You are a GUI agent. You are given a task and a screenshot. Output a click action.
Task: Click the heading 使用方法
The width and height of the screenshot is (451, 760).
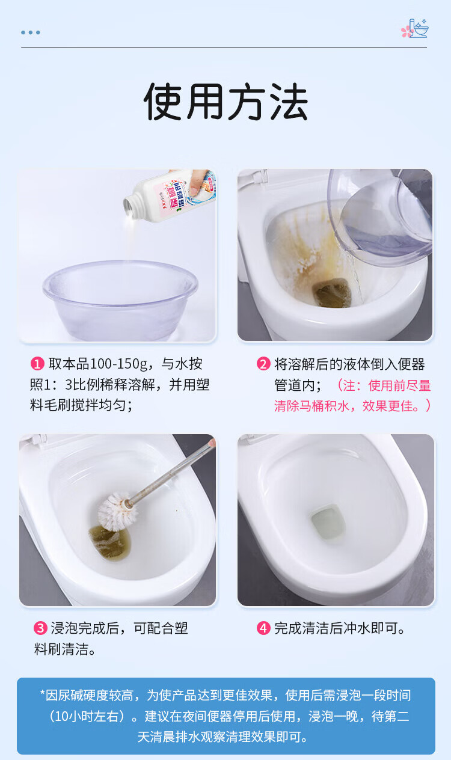(x=226, y=101)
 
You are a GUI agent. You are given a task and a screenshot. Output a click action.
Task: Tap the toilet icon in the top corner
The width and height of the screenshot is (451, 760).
(x=415, y=28)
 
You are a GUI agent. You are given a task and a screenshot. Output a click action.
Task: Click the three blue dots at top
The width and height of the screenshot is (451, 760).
(x=31, y=32)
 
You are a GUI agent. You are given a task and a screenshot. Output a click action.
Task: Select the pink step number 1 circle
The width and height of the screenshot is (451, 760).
(x=37, y=364)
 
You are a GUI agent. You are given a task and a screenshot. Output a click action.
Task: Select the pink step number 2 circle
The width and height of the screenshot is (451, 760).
(x=263, y=364)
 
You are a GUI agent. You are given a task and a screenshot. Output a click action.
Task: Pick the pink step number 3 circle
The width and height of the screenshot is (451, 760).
(x=40, y=628)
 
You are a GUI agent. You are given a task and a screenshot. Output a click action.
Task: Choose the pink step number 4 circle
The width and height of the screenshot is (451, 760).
(x=263, y=628)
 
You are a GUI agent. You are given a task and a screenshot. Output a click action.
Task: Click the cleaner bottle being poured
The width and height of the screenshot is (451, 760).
(x=170, y=196)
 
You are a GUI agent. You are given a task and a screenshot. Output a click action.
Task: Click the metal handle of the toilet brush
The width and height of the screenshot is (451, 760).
(x=170, y=471)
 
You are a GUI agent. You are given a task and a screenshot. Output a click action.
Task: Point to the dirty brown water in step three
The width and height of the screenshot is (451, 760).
(x=109, y=542)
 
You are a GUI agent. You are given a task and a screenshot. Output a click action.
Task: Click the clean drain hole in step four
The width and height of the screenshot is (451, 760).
(x=328, y=522)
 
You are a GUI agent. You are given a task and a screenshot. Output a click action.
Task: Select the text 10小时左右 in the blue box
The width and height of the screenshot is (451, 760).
(x=87, y=716)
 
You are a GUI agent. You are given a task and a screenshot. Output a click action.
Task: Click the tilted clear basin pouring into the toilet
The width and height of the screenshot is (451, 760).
(x=380, y=217)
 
